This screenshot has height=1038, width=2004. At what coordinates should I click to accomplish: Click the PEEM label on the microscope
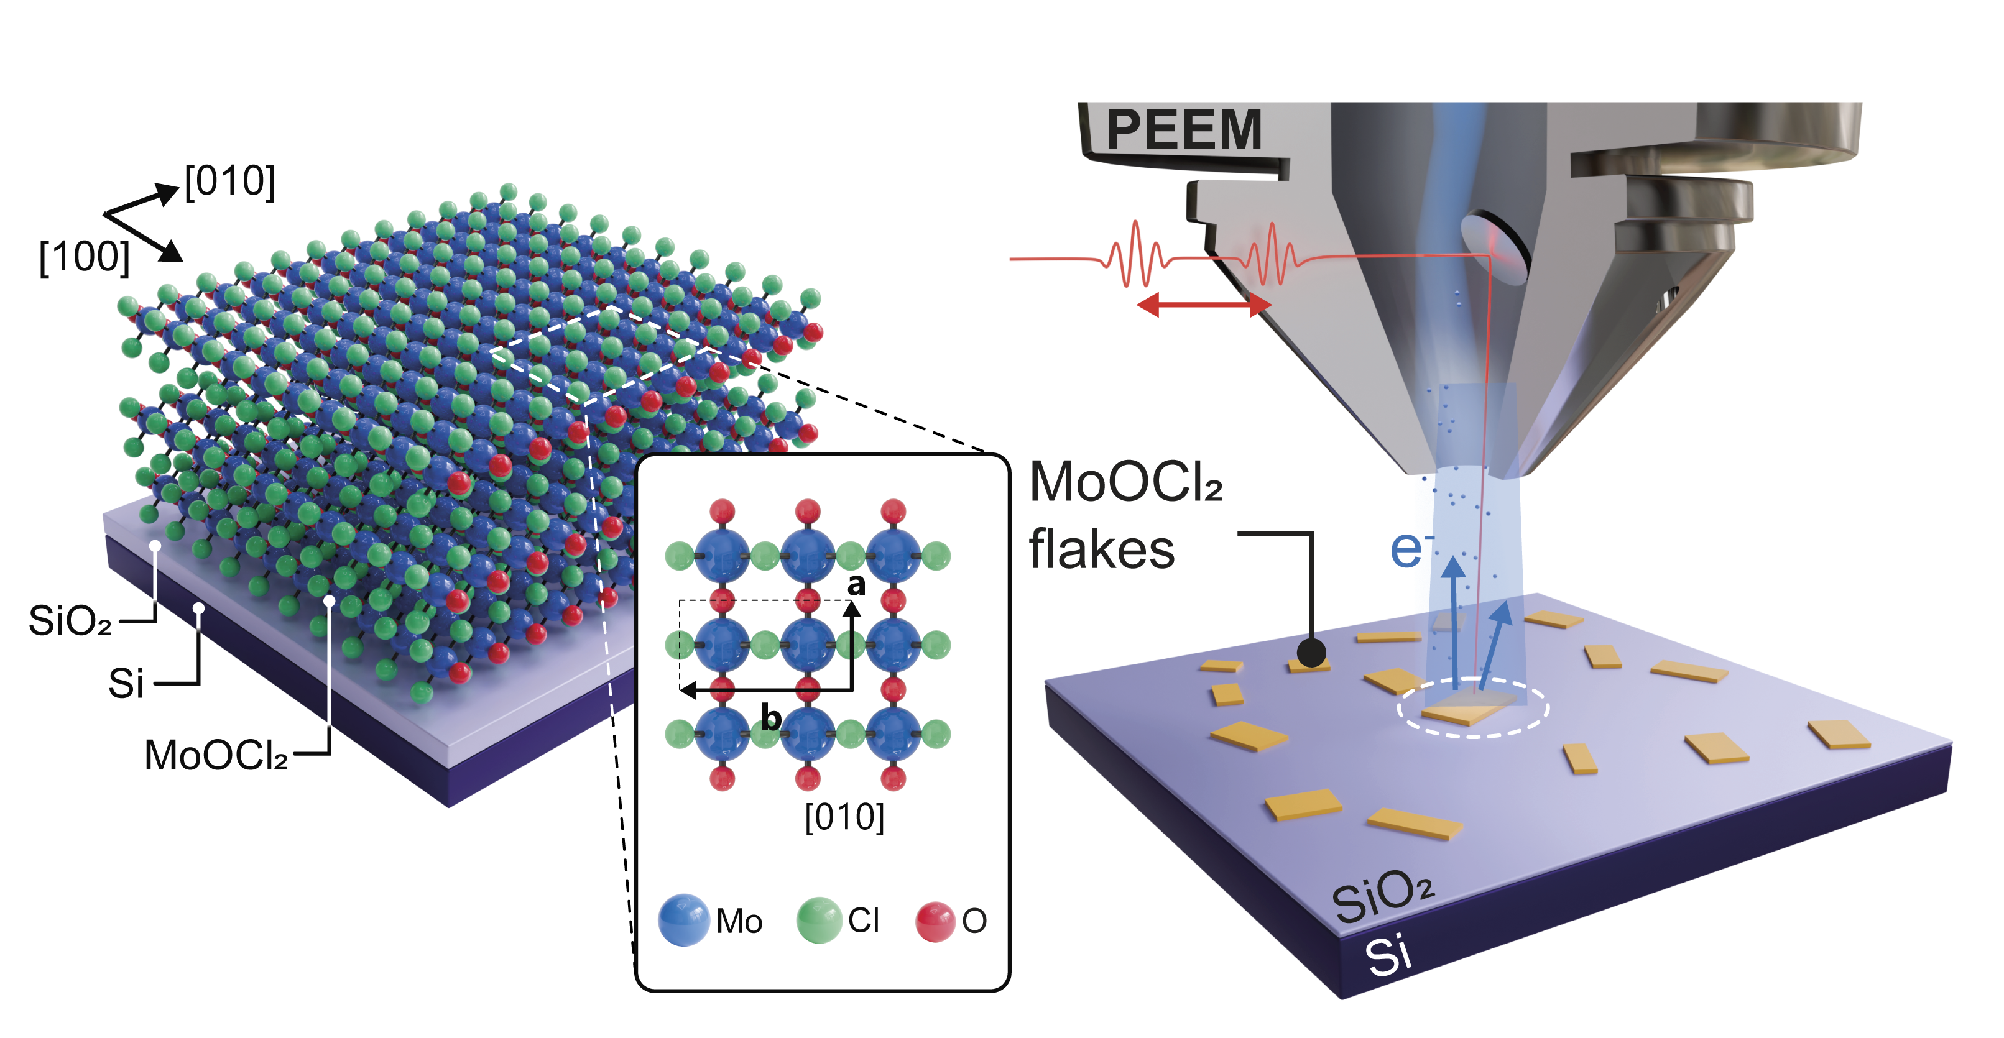(1183, 130)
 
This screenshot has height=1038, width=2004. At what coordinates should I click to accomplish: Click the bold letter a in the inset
(857, 585)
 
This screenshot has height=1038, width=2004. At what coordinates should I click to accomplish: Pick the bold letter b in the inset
(770, 717)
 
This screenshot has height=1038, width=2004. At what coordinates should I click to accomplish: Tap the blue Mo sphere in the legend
(683, 920)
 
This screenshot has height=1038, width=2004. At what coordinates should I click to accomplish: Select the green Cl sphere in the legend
(819, 920)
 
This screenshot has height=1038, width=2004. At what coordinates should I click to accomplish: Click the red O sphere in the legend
(935, 921)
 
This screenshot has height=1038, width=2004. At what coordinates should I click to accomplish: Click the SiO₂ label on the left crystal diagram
(70, 620)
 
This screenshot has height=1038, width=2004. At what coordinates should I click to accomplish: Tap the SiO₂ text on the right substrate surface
(1382, 896)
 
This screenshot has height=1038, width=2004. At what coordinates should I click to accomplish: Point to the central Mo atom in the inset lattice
(808, 645)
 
